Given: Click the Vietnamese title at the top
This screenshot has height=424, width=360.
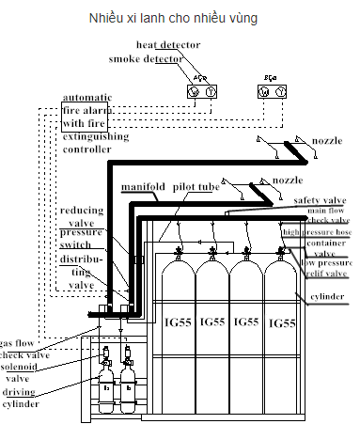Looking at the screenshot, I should point(180,18).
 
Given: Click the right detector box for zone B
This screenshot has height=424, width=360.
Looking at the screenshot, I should point(274,91).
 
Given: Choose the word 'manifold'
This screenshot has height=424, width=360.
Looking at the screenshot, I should point(143,188).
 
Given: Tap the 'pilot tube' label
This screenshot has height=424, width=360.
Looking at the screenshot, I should point(196,188).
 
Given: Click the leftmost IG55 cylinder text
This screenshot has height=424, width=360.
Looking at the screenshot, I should point(180,322).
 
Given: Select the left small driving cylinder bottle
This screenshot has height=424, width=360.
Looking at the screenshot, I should point(105,386).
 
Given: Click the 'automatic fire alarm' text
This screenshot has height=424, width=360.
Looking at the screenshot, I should point(86,110).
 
